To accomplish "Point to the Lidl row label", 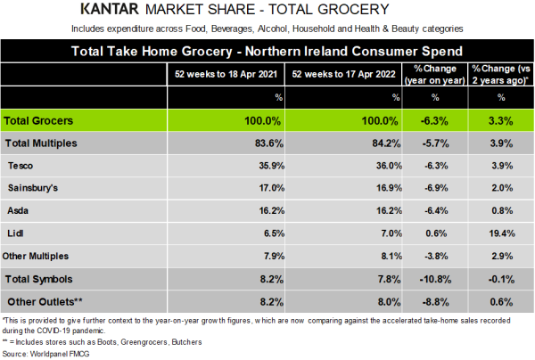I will tap(15, 233).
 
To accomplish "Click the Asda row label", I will tap(19, 211).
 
